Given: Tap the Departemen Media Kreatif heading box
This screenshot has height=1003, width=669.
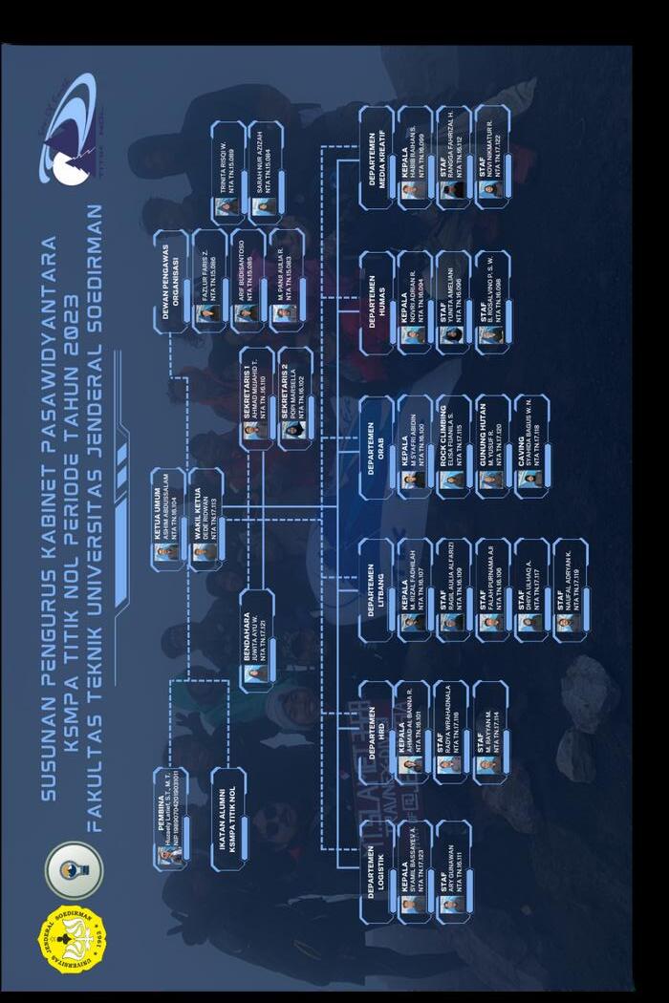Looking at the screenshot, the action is coord(377,159).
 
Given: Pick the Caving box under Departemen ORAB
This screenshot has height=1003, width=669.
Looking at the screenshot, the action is coord(531,446).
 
